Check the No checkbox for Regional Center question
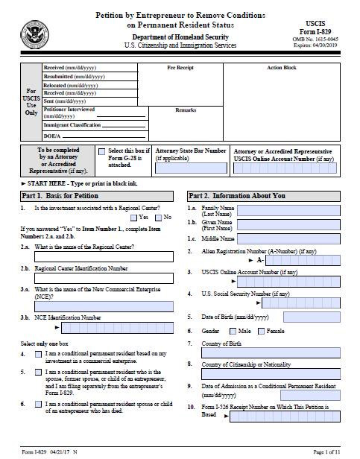pyautogui.click(x=157, y=217)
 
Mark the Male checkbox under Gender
pyautogui.click(x=233, y=330)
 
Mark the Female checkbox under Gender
pyautogui.click(x=261, y=330)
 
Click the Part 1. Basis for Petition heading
pyautogui.click(x=52, y=195)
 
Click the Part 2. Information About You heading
pyautogui.click(x=236, y=195)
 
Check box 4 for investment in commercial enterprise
pyautogui.click(x=39, y=353)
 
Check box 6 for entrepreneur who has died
pyautogui.click(x=39, y=402)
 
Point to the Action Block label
pyautogui.click(x=281, y=68)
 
